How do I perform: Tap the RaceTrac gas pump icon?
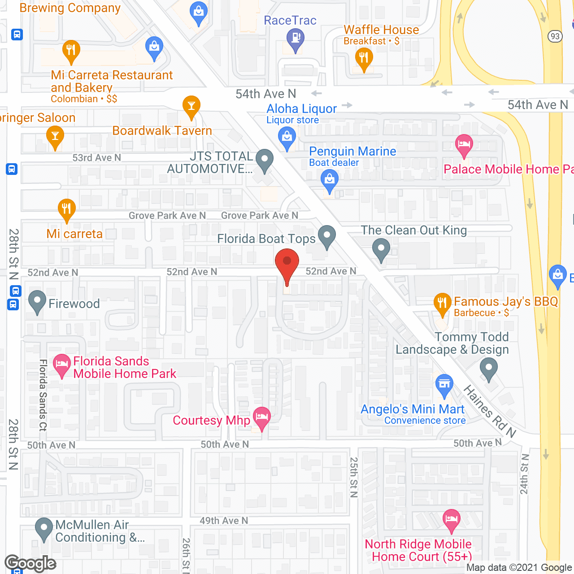coord(296,39)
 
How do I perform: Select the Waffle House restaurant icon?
coord(364,59)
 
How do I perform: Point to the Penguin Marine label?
coord(352,152)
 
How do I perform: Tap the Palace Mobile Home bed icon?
coord(464,145)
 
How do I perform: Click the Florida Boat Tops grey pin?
coord(327,235)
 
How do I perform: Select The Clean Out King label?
coord(413,230)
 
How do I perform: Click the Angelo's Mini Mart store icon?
coord(444,385)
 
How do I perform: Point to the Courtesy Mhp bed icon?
coord(262,417)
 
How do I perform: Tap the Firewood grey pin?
coord(37,301)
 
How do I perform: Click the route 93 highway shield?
coord(555,36)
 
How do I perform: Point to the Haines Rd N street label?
coord(489,411)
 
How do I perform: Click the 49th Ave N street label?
coord(224,521)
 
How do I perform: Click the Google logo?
coord(30,563)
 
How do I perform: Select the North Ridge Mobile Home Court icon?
coord(452,519)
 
